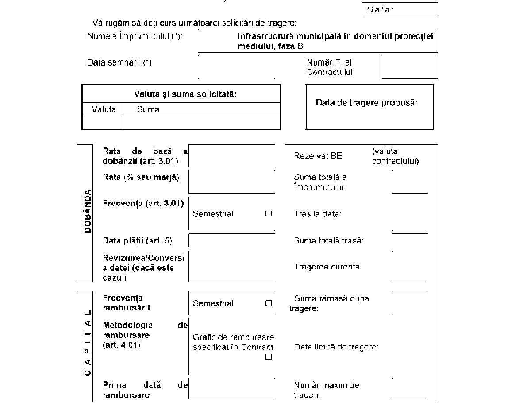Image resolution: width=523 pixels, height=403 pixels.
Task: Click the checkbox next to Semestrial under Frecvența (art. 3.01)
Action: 269,213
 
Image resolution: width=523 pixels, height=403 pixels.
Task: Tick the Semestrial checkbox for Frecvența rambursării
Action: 269,303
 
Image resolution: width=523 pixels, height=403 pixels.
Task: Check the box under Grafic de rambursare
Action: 269,357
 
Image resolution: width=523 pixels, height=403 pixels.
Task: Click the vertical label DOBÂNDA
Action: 88,211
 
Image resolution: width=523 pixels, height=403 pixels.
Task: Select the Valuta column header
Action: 104,109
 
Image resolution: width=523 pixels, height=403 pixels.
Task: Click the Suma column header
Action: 148,109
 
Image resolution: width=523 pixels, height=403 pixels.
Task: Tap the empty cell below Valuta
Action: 103,123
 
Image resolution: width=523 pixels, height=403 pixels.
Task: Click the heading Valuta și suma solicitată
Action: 185,94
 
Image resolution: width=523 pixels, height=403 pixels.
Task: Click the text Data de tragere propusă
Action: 367,102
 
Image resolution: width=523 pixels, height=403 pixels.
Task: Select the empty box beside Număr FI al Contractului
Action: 410,67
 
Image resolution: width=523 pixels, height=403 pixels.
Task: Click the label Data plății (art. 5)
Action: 137,240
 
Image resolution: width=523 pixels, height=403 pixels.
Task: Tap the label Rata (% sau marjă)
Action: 141,177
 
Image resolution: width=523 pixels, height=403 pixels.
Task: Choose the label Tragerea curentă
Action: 327,267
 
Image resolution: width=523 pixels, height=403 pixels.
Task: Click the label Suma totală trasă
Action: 328,240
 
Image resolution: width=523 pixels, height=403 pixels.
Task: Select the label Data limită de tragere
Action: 336,347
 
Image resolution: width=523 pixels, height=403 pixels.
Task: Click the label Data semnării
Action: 119,62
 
